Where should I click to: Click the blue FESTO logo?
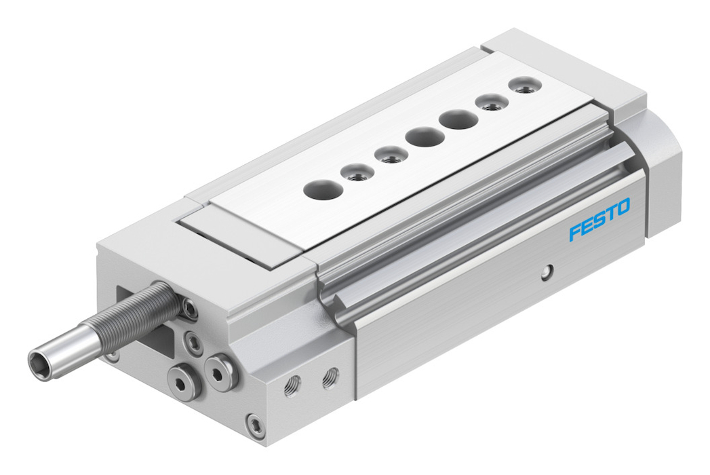click(599, 219)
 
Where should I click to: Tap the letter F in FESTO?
click(575, 231)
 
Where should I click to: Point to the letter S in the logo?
click(599, 219)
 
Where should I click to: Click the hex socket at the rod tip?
click(37, 364)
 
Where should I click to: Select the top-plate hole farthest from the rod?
click(525, 85)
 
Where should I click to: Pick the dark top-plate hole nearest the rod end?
click(323, 189)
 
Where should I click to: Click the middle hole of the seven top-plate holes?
click(425, 136)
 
